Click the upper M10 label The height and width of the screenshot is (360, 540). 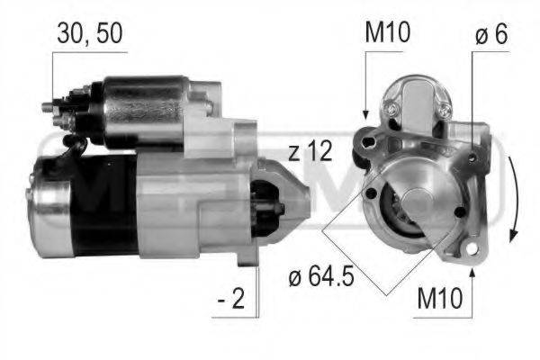[387, 33]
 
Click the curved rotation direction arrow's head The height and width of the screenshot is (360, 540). [511, 236]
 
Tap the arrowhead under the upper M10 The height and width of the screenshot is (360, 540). [365, 114]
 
